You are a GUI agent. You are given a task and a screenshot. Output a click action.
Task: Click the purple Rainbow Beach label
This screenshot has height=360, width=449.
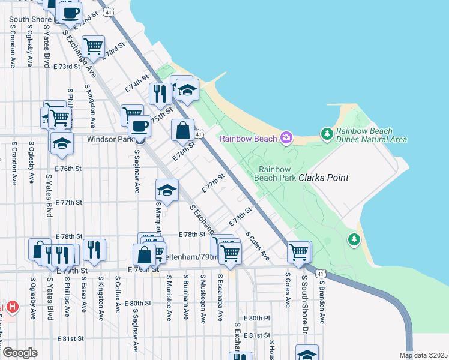click(x=248, y=139)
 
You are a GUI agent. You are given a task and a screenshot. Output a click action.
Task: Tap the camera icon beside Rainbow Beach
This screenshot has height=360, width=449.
click(x=286, y=138)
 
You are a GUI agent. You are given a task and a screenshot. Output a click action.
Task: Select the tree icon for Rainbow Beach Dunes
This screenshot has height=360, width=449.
click(x=327, y=133)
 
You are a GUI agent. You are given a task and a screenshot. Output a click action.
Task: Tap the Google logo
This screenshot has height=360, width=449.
click(x=20, y=353)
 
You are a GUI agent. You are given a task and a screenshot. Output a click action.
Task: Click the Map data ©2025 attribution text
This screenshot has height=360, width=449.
click(x=424, y=355)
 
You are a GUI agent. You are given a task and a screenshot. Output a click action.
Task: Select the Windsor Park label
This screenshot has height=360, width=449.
click(x=109, y=139)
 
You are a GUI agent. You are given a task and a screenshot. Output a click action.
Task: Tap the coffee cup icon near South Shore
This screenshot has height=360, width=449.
click(x=70, y=13)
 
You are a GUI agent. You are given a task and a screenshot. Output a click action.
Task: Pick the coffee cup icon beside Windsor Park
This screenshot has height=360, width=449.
click(x=140, y=127)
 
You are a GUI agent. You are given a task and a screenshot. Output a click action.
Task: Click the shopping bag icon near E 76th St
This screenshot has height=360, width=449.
click(x=182, y=130)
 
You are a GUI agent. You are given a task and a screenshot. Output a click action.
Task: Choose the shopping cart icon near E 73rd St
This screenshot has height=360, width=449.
click(x=93, y=46)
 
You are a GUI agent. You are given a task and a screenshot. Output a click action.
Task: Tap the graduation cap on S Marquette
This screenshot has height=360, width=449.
click(x=167, y=191)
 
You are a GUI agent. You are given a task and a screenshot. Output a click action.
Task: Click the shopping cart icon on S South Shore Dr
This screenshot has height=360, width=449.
click(x=298, y=253)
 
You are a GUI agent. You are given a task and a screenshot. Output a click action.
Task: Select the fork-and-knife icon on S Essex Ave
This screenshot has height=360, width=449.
click(x=94, y=250)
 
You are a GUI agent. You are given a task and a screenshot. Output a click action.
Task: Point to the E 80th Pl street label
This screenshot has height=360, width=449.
click(x=257, y=317)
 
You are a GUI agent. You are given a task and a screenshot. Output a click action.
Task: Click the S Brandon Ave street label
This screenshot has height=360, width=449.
click(x=322, y=300)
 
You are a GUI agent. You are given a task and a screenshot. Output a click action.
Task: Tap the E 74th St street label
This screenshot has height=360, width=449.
click(x=137, y=83)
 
